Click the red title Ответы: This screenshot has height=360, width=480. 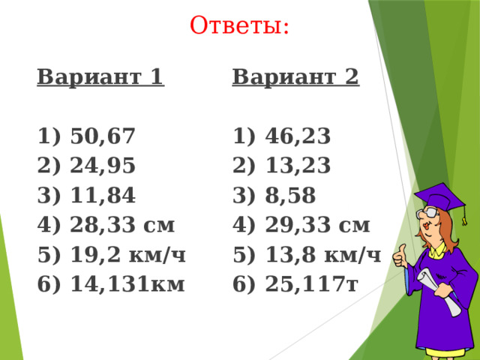point(240,25)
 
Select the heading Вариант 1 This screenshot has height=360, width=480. point(100,77)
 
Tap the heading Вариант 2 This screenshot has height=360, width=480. point(296,77)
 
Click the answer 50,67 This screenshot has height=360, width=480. point(102,136)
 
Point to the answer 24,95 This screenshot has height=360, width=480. point(102,166)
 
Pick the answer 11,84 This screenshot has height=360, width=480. point(102,196)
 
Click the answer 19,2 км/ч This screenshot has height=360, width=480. point(127,255)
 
